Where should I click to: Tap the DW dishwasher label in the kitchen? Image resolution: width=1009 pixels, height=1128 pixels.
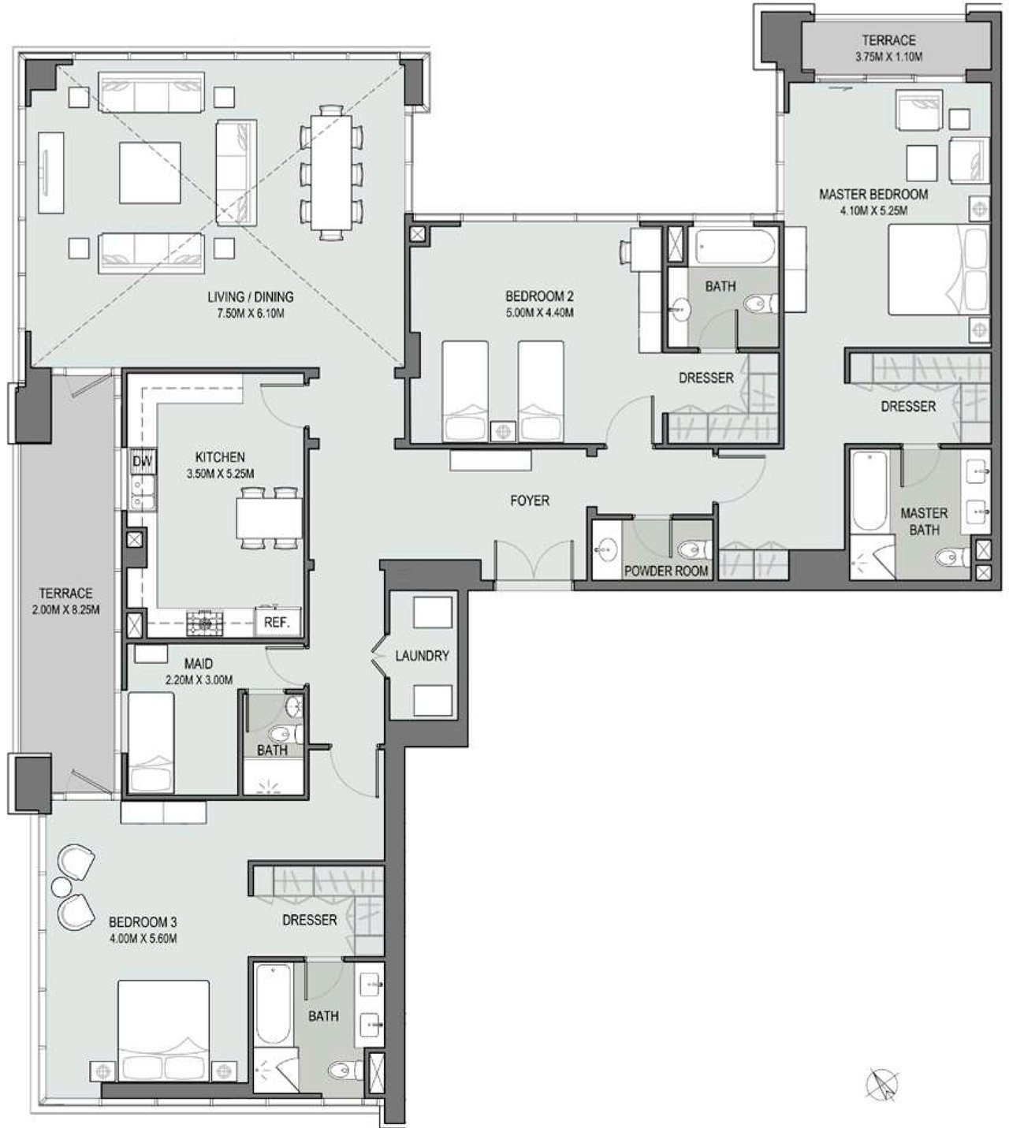point(142,461)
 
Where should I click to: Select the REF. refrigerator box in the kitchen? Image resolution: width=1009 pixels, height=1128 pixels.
point(277,622)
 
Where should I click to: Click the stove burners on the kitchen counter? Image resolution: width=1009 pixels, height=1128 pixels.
point(204,623)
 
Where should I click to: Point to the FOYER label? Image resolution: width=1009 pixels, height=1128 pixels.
point(530,501)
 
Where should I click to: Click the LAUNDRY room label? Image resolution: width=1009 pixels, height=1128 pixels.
point(422,655)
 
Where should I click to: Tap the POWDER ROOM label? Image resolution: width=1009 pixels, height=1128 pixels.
point(665,571)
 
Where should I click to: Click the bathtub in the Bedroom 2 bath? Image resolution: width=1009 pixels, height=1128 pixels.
point(732,247)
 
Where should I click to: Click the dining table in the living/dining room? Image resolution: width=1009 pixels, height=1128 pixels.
point(332,173)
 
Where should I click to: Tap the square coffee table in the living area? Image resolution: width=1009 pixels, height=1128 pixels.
point(149,173)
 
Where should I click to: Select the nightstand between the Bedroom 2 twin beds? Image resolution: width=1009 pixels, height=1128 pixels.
point(504,431)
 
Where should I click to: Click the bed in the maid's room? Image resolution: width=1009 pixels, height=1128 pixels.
point(151,742)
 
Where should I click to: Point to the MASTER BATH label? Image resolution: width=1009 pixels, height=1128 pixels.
point(924,521)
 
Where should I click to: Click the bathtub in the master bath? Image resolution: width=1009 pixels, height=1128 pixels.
point(869,491)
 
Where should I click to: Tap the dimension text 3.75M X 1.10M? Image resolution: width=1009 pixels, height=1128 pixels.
point(888,57)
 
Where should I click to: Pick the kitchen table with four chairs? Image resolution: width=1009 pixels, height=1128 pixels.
point(270,518)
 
